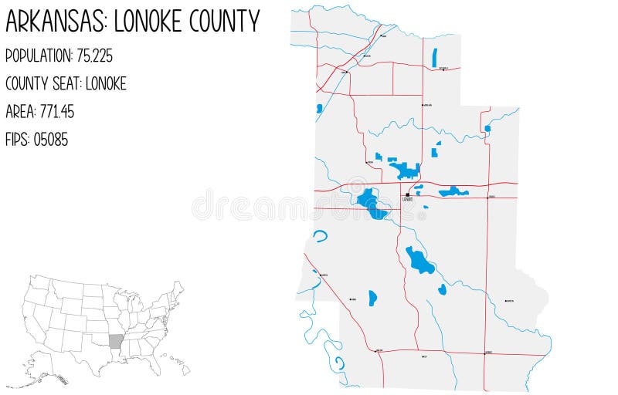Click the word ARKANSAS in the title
pos(56,21)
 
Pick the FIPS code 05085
pos(51,140)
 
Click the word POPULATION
pos(39,56)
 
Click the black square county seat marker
pos(407,194)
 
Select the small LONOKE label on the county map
pos(407,200)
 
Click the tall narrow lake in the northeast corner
pos(435,57)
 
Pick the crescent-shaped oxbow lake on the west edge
pos(321,236)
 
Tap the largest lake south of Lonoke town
pos(419,262)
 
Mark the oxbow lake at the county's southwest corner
pos(338,364)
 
